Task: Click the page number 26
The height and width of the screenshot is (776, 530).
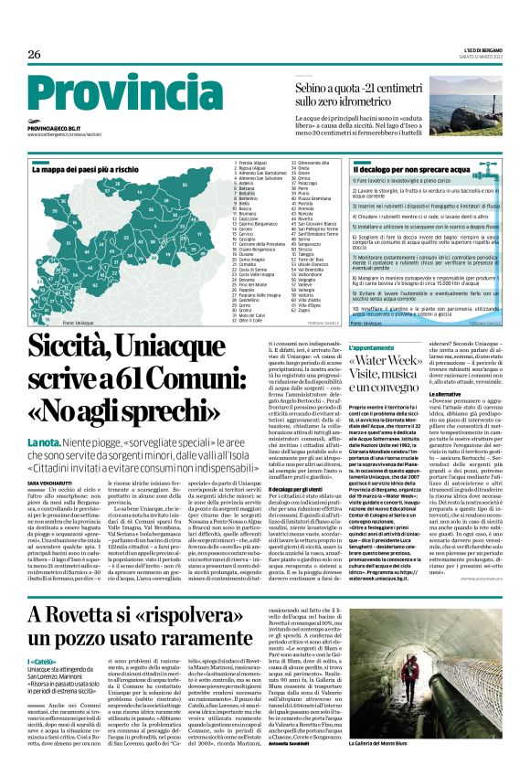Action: tap(34, 55)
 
